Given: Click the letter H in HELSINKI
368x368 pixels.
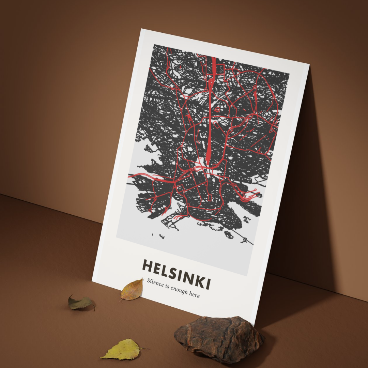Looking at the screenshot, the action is point(148,266).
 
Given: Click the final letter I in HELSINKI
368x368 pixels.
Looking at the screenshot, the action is point(207,283).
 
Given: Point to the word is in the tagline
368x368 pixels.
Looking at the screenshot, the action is point(167,286).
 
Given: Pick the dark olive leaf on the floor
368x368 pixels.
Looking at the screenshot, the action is point(80,303).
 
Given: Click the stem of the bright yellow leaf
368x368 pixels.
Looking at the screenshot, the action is point(144,348).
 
